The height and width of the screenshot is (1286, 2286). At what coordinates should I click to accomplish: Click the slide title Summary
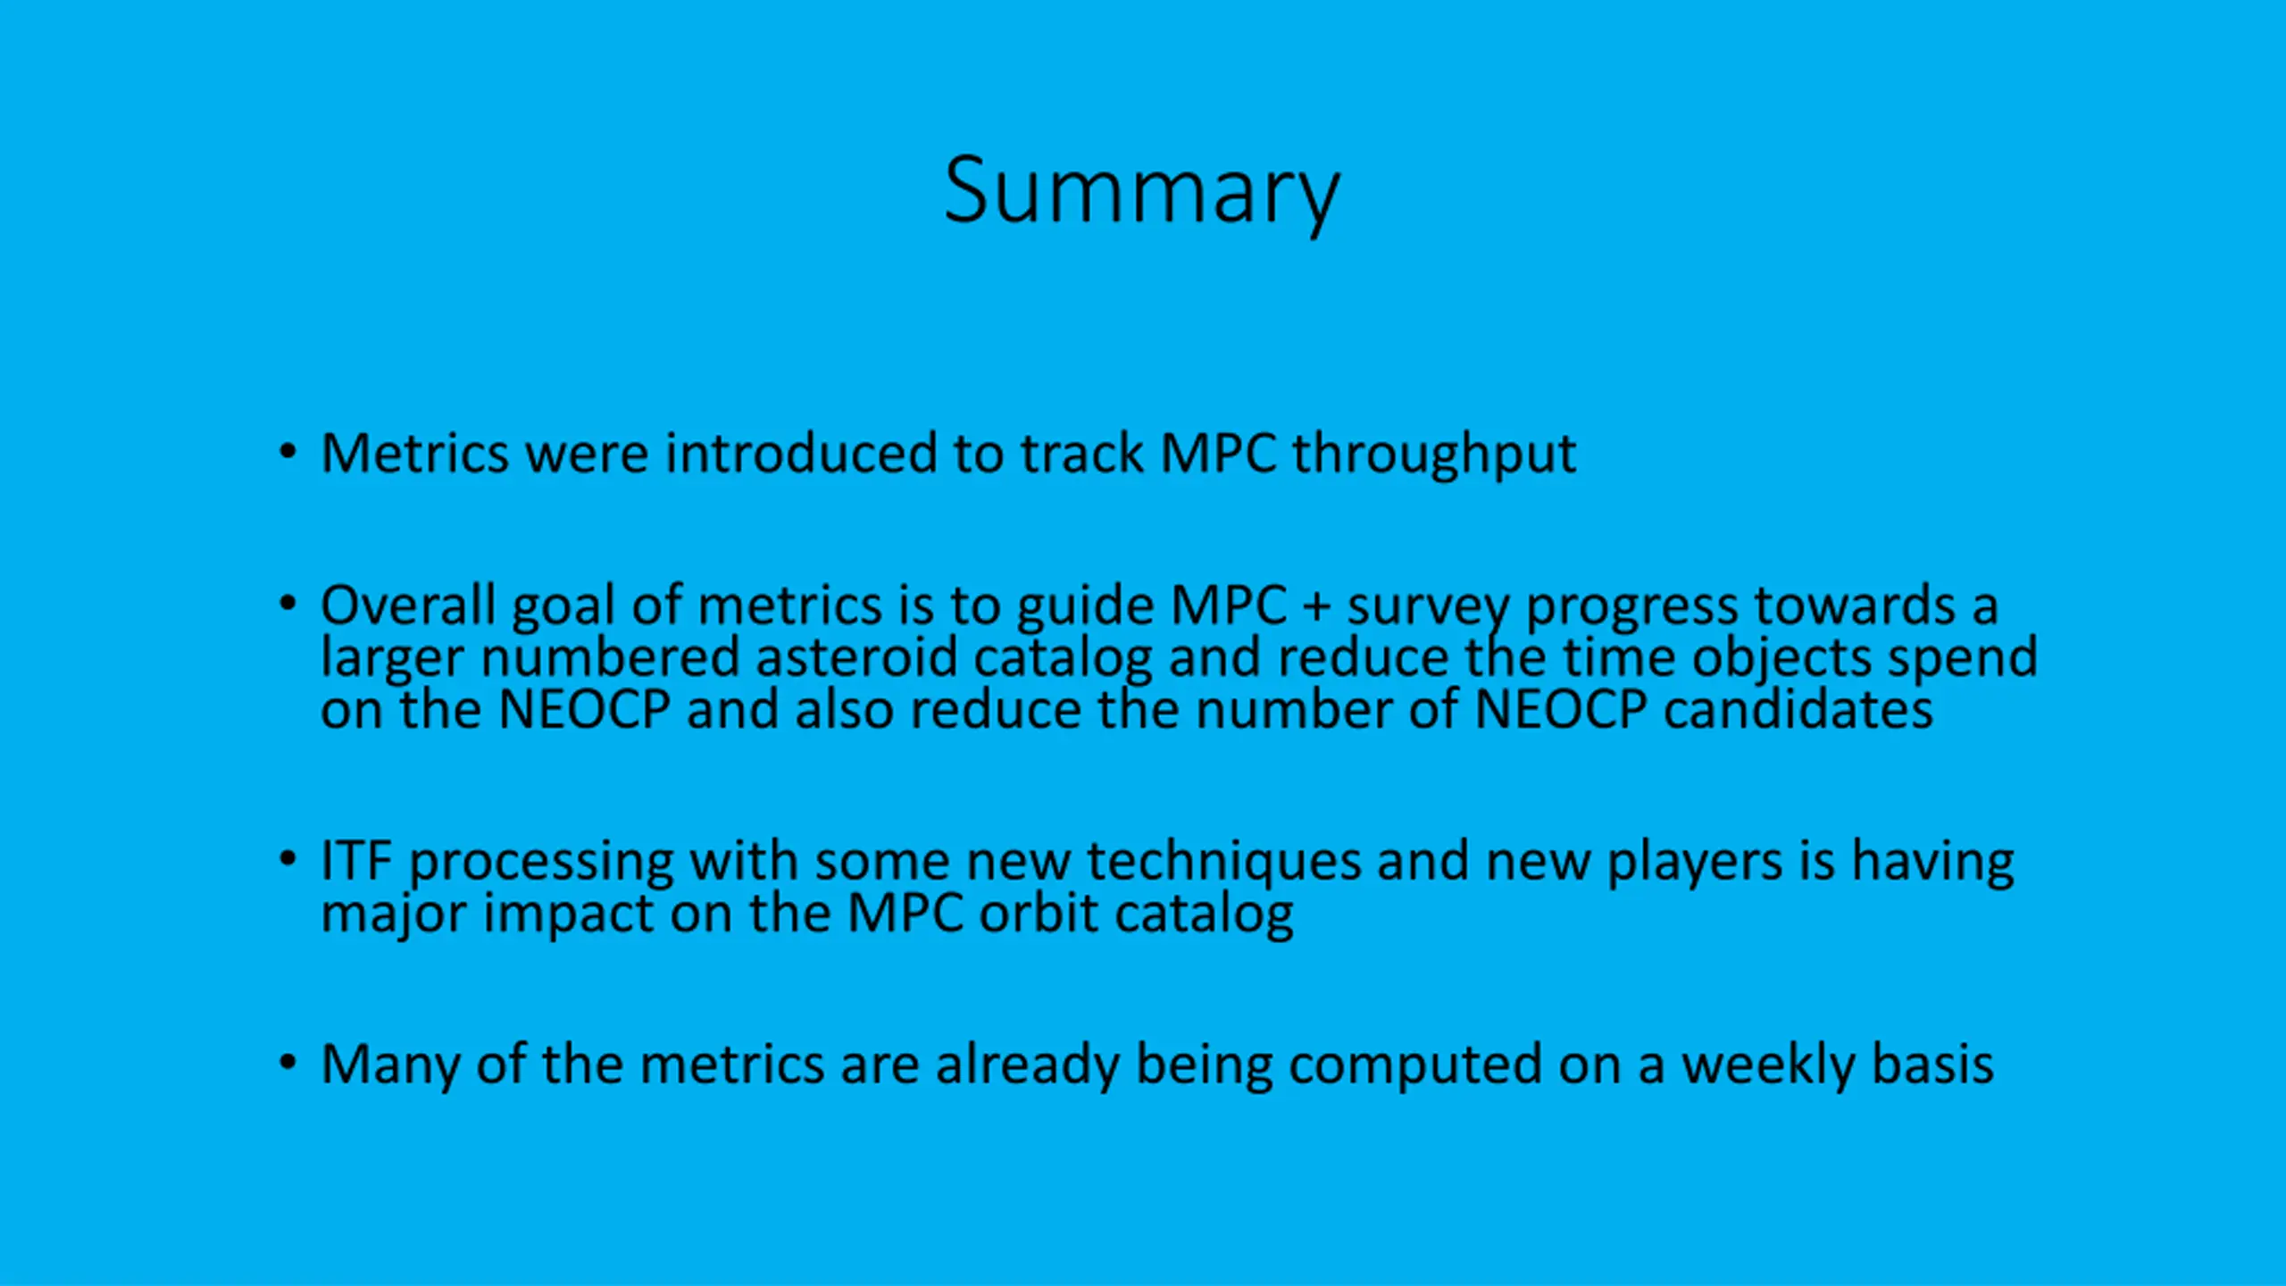(x=1142, y=193)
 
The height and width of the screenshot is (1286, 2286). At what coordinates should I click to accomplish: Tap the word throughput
(x=1434, y=455)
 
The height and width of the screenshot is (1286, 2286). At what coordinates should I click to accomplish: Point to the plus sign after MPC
(x=1316, y=607)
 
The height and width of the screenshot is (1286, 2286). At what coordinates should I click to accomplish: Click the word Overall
(x=408, y=605)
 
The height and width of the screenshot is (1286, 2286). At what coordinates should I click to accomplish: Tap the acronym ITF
(x=356, y=862)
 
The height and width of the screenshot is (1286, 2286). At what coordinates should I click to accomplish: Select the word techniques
(x=1224, y=864)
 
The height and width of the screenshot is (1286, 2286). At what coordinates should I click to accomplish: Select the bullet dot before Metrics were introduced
(x=288, y=453)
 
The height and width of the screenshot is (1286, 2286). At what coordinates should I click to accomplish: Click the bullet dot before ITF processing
(x=288, y=860)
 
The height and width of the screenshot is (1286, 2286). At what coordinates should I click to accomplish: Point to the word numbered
(x=611, y=657)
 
